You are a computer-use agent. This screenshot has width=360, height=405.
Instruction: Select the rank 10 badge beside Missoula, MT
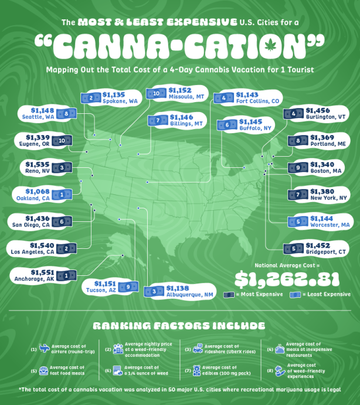[x=157, y=93]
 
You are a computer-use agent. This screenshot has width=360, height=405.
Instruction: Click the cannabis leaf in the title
[x=270, y=45]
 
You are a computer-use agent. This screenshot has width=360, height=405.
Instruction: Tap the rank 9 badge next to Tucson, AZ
[x=127, y=287]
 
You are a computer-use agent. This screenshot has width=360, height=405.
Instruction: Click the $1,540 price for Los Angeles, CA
[x=38, y=244]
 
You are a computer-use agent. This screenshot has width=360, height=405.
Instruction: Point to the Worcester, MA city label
[x=329, y=225]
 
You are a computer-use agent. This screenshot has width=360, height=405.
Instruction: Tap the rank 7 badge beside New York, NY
[x=298, y=194]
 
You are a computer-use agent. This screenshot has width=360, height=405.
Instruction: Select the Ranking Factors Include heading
[x=179, y=325]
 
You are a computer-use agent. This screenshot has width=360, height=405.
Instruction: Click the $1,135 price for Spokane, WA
[x=113, y=93]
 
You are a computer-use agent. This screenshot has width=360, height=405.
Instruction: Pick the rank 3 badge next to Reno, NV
[x=62, y=167]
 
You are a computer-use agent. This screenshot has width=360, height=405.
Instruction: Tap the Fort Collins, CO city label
[x=258, y=101]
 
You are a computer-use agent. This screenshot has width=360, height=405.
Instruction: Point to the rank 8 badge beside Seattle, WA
[x=67, y=113]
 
